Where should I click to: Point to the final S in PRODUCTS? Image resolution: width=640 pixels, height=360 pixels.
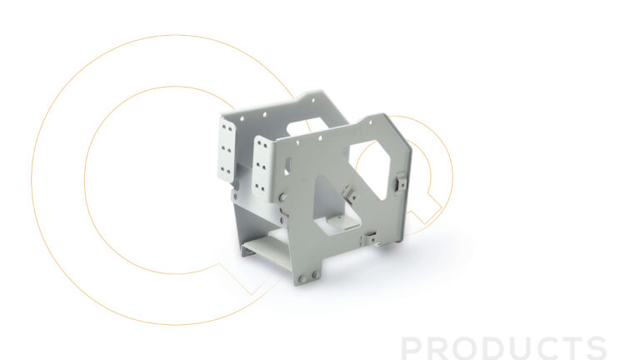tap(595, 348)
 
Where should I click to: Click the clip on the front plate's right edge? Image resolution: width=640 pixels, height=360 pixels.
tap(401, 182)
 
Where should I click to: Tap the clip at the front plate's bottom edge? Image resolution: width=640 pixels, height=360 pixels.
tap(370, 238)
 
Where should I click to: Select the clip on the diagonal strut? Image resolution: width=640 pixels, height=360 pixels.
tap(349, 192)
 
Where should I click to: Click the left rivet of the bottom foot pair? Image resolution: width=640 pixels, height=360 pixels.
tap(302, 279)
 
